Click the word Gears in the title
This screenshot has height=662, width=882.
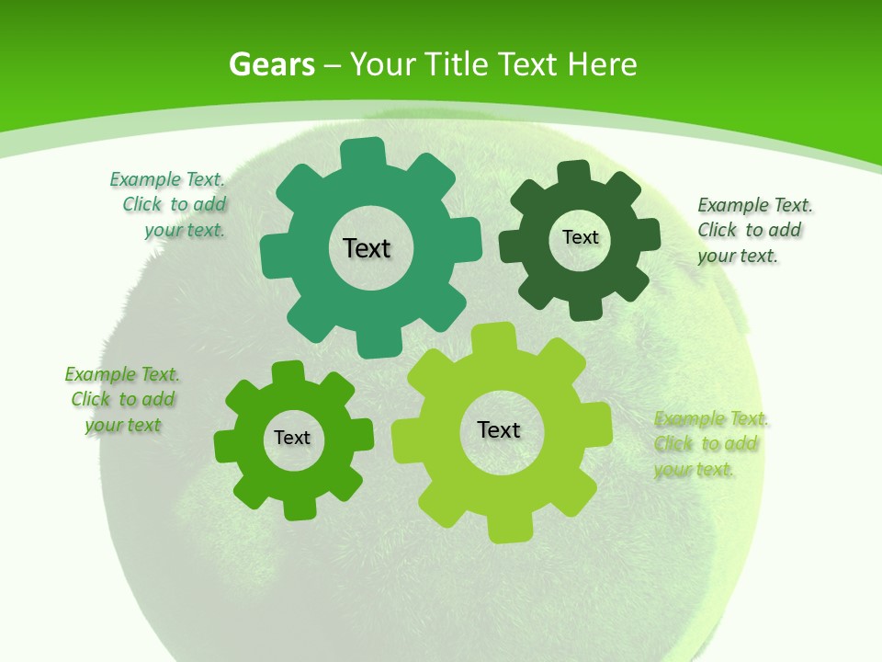(271, 65)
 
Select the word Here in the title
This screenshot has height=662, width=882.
(602, 65)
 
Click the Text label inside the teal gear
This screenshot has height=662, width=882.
(367, 248)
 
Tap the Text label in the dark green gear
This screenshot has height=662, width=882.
(580, 237)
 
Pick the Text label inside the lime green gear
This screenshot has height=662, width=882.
(499, 429)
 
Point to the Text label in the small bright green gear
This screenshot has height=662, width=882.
(292, 438)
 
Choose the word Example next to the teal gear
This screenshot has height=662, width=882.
(145, 179)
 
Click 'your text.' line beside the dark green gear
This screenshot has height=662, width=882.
(738, 257)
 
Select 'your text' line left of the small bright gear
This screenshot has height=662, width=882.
(123, 425)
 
